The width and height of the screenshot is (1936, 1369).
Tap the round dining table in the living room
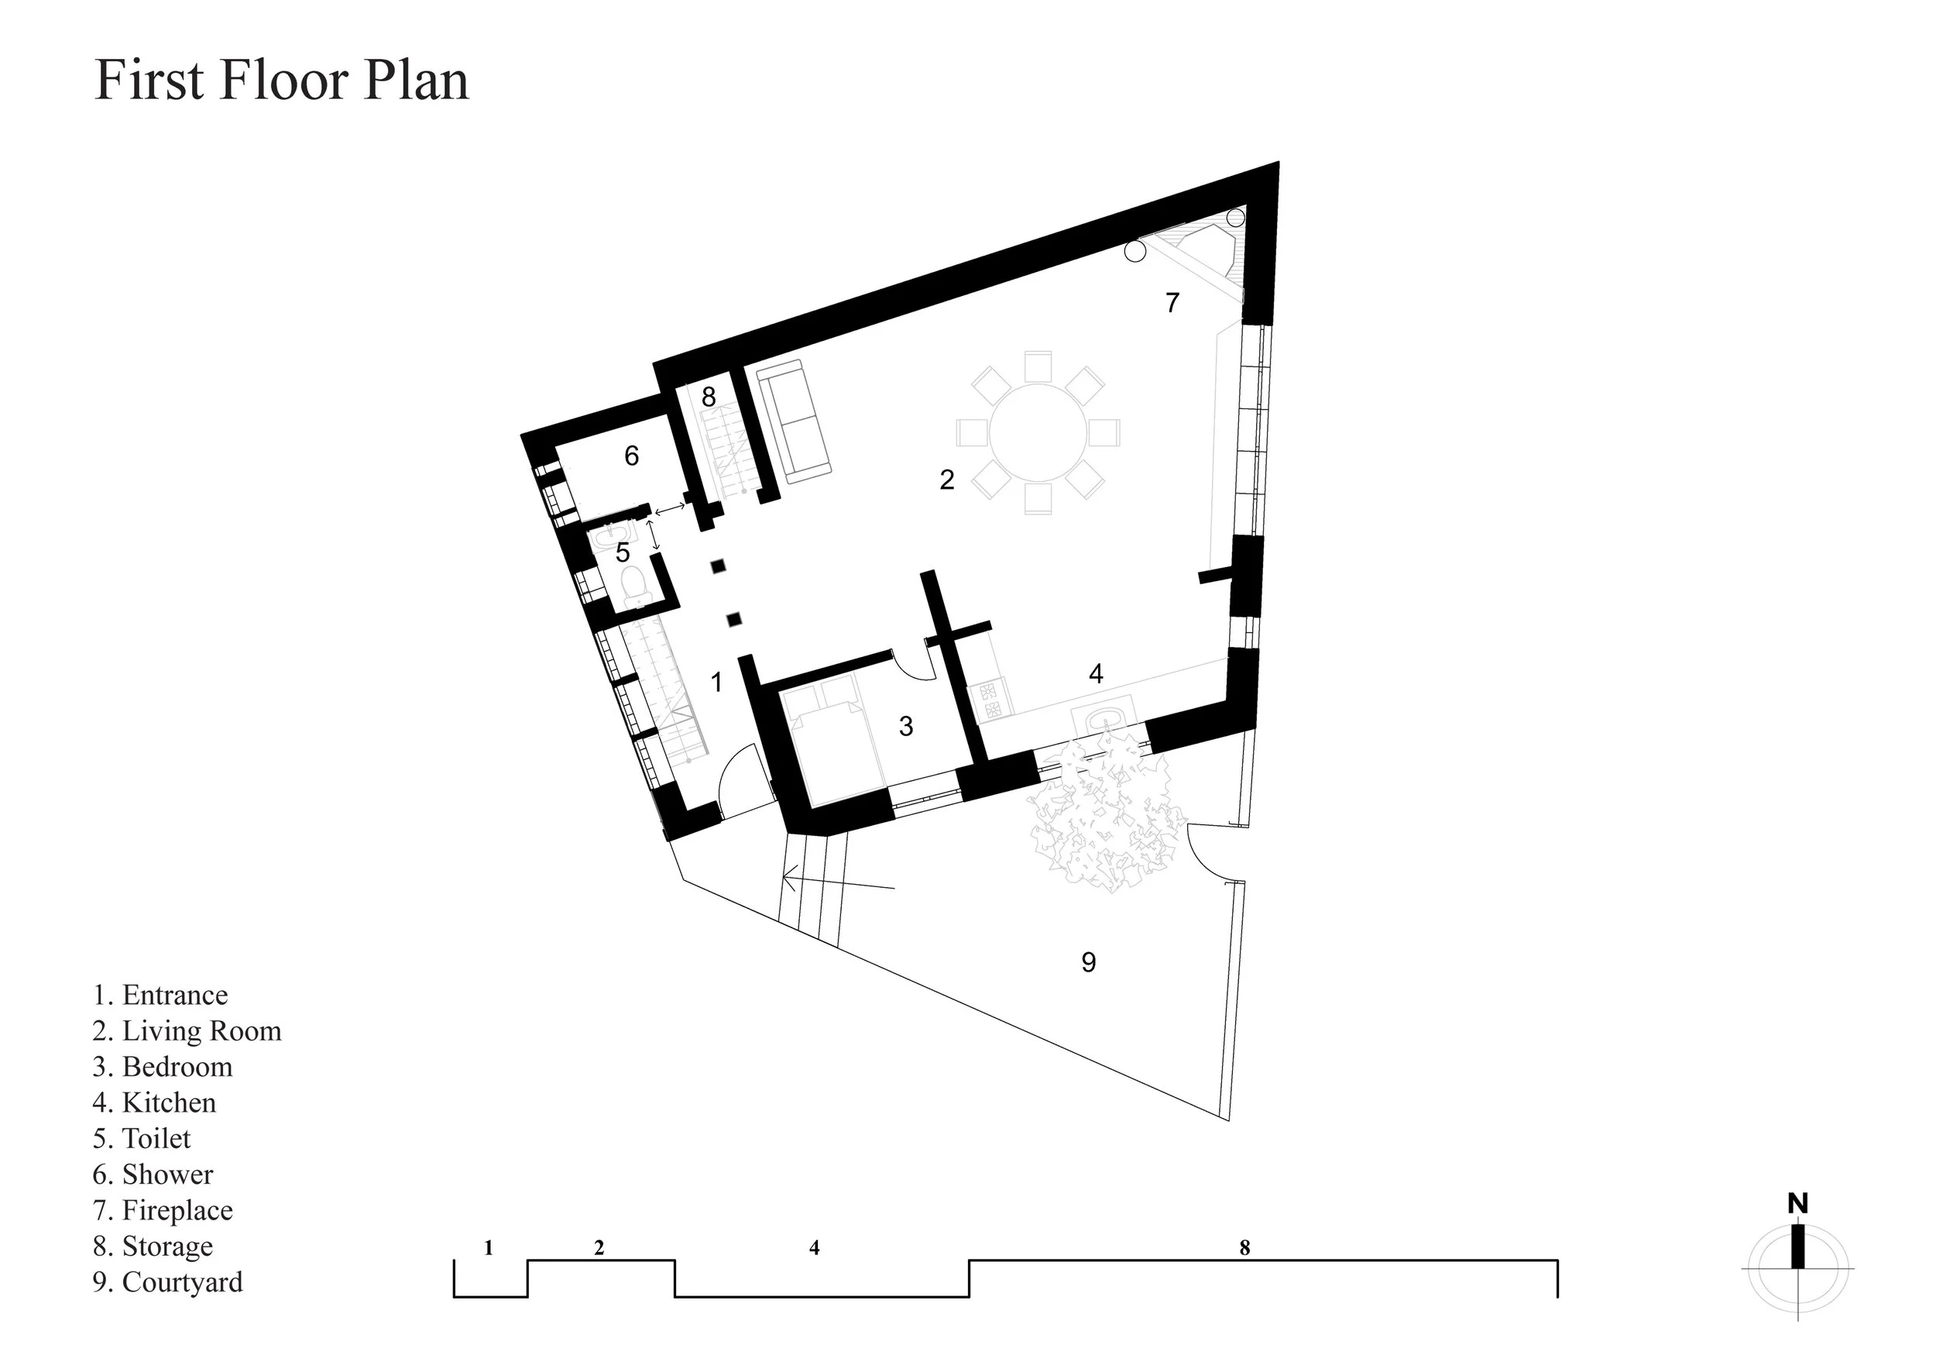click(x=1038, y=434)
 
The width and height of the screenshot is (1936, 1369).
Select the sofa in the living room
click(x=794, y=421)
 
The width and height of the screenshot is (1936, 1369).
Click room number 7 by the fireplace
click(x=1172, y=302)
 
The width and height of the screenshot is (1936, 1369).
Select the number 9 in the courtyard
click(x=1089, y=961)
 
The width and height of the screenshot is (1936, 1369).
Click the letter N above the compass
click(x=1797, y=1204)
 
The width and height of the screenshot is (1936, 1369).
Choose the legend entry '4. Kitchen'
click(x=154, y=1102)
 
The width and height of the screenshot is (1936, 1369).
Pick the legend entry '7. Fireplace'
click(x=163, y=1210)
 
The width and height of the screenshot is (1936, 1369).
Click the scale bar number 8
click(x=1244, y=1247)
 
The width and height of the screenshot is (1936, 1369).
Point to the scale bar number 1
click(x=488, y=1247)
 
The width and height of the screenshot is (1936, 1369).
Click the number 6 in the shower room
click(x=632, y=456)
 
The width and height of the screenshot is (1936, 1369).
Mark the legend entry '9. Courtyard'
click(x=168, y=1282)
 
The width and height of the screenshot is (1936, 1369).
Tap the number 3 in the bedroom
click(x=907, y=725)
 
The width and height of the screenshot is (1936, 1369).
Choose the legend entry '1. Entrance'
click(x=160, y=995)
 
